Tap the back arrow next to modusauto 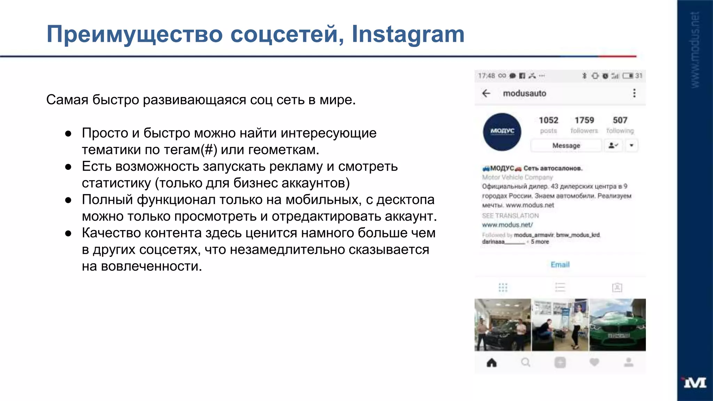[x=486, y=93]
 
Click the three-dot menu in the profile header [x=634, y=93]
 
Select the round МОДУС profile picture [x=502, y=132]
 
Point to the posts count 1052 [x=548, y=120]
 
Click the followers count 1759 [x=584, y=120]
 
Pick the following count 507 [x=620, y=120]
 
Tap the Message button [x=566, y=146]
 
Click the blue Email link [x=560, y=265]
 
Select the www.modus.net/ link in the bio [x=507, y=225]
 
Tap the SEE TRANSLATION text [x=510, y=216]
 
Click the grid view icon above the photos [x=503, y=288]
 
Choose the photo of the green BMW [x=617, y=325]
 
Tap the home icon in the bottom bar [x=492, y=363]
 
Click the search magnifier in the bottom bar [x=526, y=363]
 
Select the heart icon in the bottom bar [x=594, y=363]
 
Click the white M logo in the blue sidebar [x=695, y=383]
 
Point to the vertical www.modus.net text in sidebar [x=695, y=50]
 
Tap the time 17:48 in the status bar [x=486, y=76]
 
